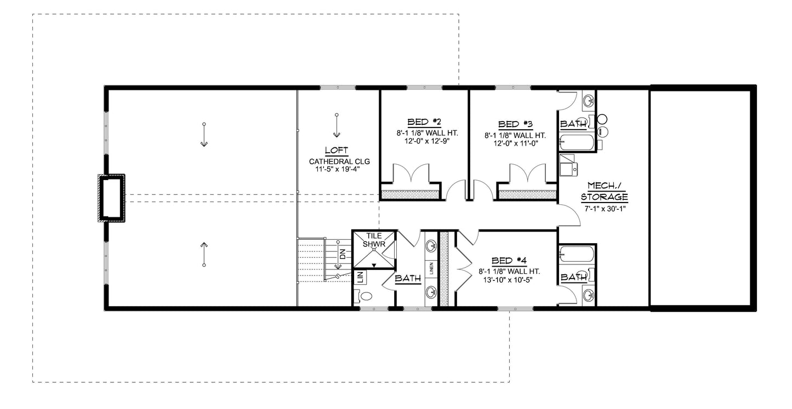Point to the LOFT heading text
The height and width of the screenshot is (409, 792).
337,151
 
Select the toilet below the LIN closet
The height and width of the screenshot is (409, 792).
364,296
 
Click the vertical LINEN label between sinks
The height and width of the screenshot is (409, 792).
431,268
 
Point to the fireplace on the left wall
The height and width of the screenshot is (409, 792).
112,198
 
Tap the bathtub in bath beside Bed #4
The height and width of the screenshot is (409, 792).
576,255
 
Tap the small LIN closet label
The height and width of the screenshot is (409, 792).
360,277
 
